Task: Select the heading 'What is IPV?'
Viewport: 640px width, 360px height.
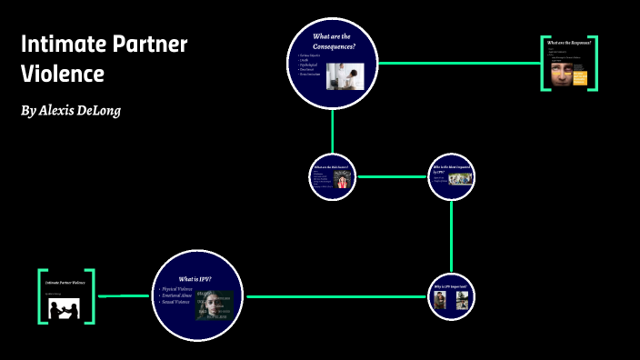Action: [x=196, y=278]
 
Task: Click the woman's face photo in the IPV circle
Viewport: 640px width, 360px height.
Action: [x=215, y=305]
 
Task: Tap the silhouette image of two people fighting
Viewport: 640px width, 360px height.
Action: [x=66, y=310]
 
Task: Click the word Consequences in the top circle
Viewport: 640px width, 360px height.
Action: [x=334, y=46]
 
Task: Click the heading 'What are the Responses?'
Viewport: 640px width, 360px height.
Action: [x=572, y=43]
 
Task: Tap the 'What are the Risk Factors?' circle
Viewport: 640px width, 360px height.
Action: [x=332, y=175]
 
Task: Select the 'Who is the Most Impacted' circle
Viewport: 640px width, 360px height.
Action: [x=452, y=175]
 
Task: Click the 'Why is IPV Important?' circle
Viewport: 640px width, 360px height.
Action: [x=452, y=296]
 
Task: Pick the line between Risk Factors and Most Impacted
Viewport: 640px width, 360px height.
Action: [x=392, y=175]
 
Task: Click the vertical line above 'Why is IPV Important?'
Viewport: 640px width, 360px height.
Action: [x=452, y=236]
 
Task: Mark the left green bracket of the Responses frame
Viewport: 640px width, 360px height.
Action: [x=544, y=64]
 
